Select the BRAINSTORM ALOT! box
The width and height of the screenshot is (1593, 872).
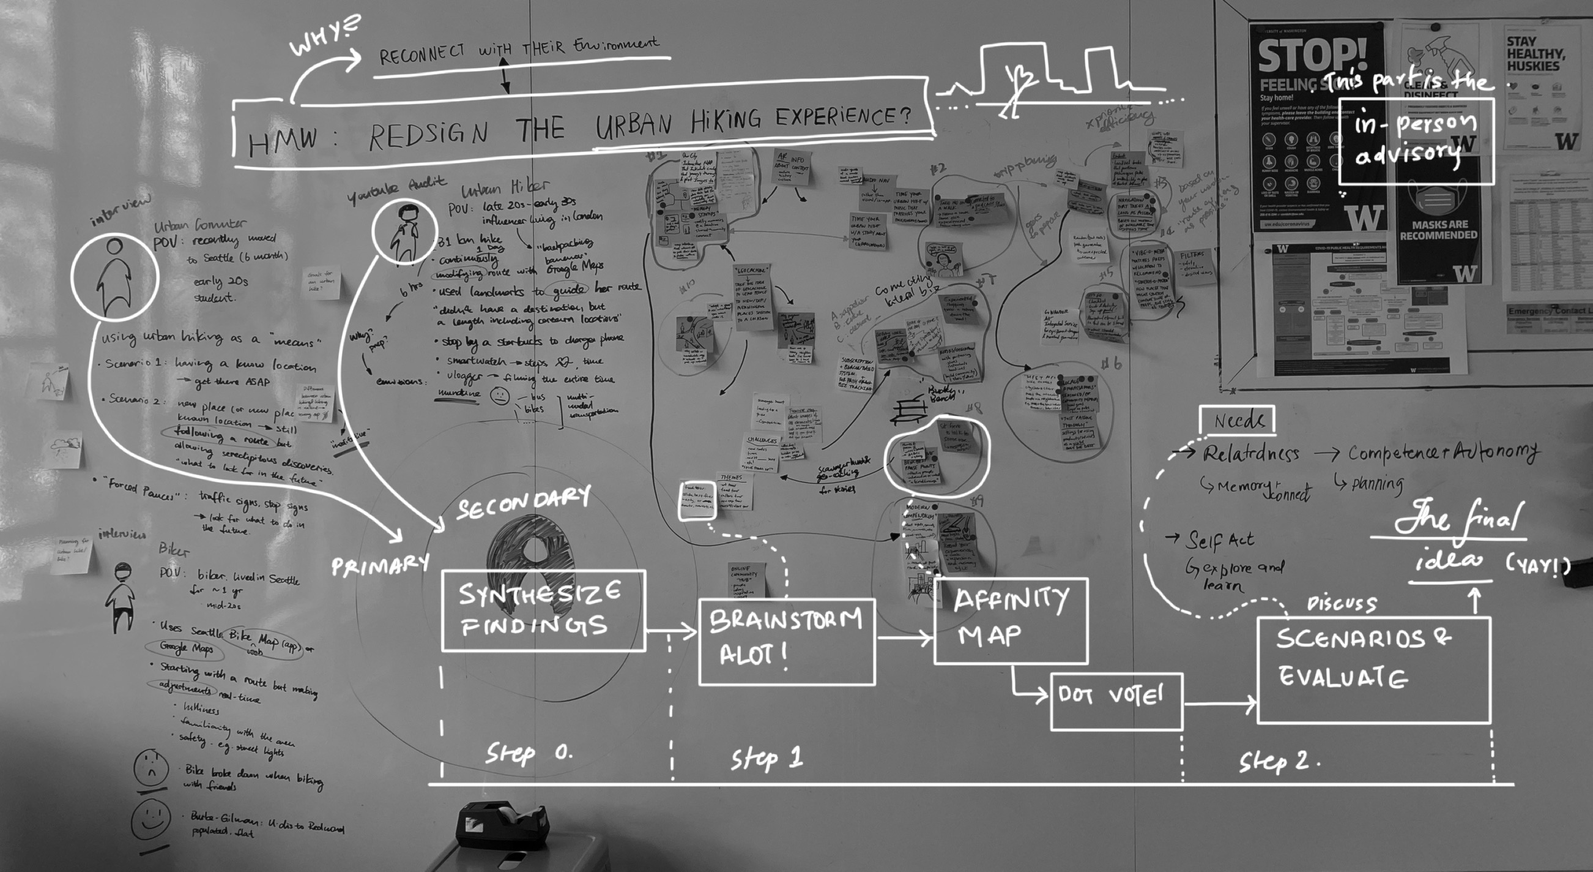point(786,641)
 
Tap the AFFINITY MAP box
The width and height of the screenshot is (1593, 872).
point(1010,620)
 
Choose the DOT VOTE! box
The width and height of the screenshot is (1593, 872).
point(1116,700)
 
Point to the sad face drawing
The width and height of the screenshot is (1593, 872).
point(150,768)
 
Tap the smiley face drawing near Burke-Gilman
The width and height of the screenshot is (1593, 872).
point(150,820)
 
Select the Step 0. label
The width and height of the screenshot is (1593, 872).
point(529,753)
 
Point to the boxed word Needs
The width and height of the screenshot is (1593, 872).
point(1236,421)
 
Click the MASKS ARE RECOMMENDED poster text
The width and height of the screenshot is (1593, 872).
point(1438,230)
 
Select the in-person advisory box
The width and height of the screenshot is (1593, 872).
point(1416,141)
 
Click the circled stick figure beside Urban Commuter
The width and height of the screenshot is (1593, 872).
point(114,277)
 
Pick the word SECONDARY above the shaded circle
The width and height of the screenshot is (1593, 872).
point(523,503)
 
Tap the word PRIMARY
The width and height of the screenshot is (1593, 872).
point(380,565)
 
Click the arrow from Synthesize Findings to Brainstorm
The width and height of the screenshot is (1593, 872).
point(671,631)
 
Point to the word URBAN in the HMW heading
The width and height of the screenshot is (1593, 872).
point(633,124)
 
